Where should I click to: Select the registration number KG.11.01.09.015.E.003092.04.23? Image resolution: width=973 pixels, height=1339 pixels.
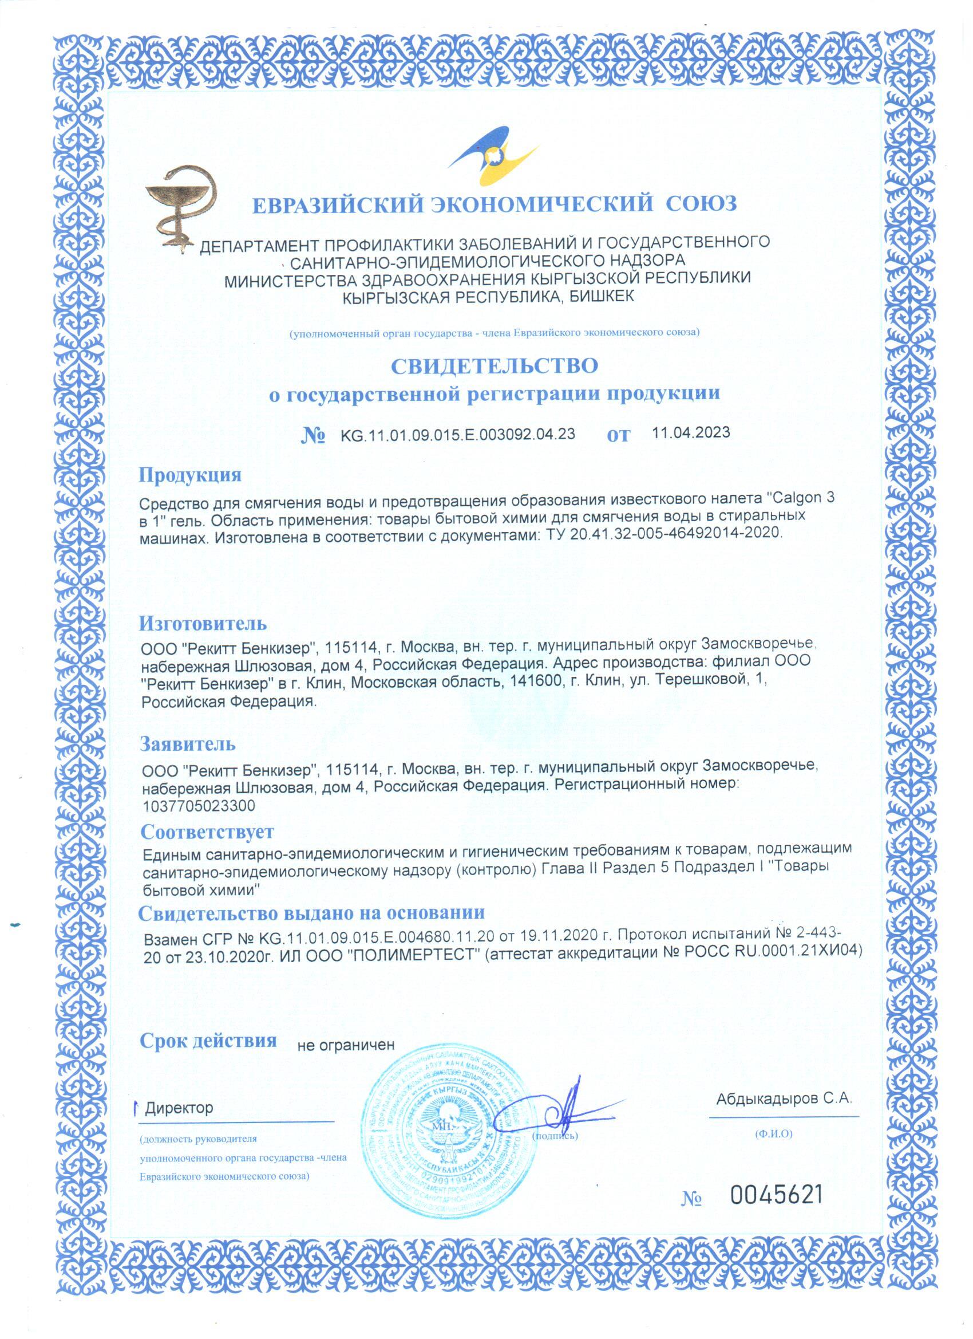click(x=457, y=435)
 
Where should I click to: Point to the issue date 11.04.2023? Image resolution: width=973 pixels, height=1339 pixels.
click(x=691, y=432)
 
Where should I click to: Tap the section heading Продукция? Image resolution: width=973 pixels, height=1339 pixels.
click(x=190, y=475)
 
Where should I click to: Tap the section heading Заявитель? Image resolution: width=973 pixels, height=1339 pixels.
click(x=188, y=744)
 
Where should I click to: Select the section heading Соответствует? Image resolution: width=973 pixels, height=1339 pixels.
click(x=207, y=832)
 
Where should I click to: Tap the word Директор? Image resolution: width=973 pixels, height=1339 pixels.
click(x=179, y=1108)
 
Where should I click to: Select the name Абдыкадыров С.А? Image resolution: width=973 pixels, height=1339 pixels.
click(x=785, y=1098)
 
